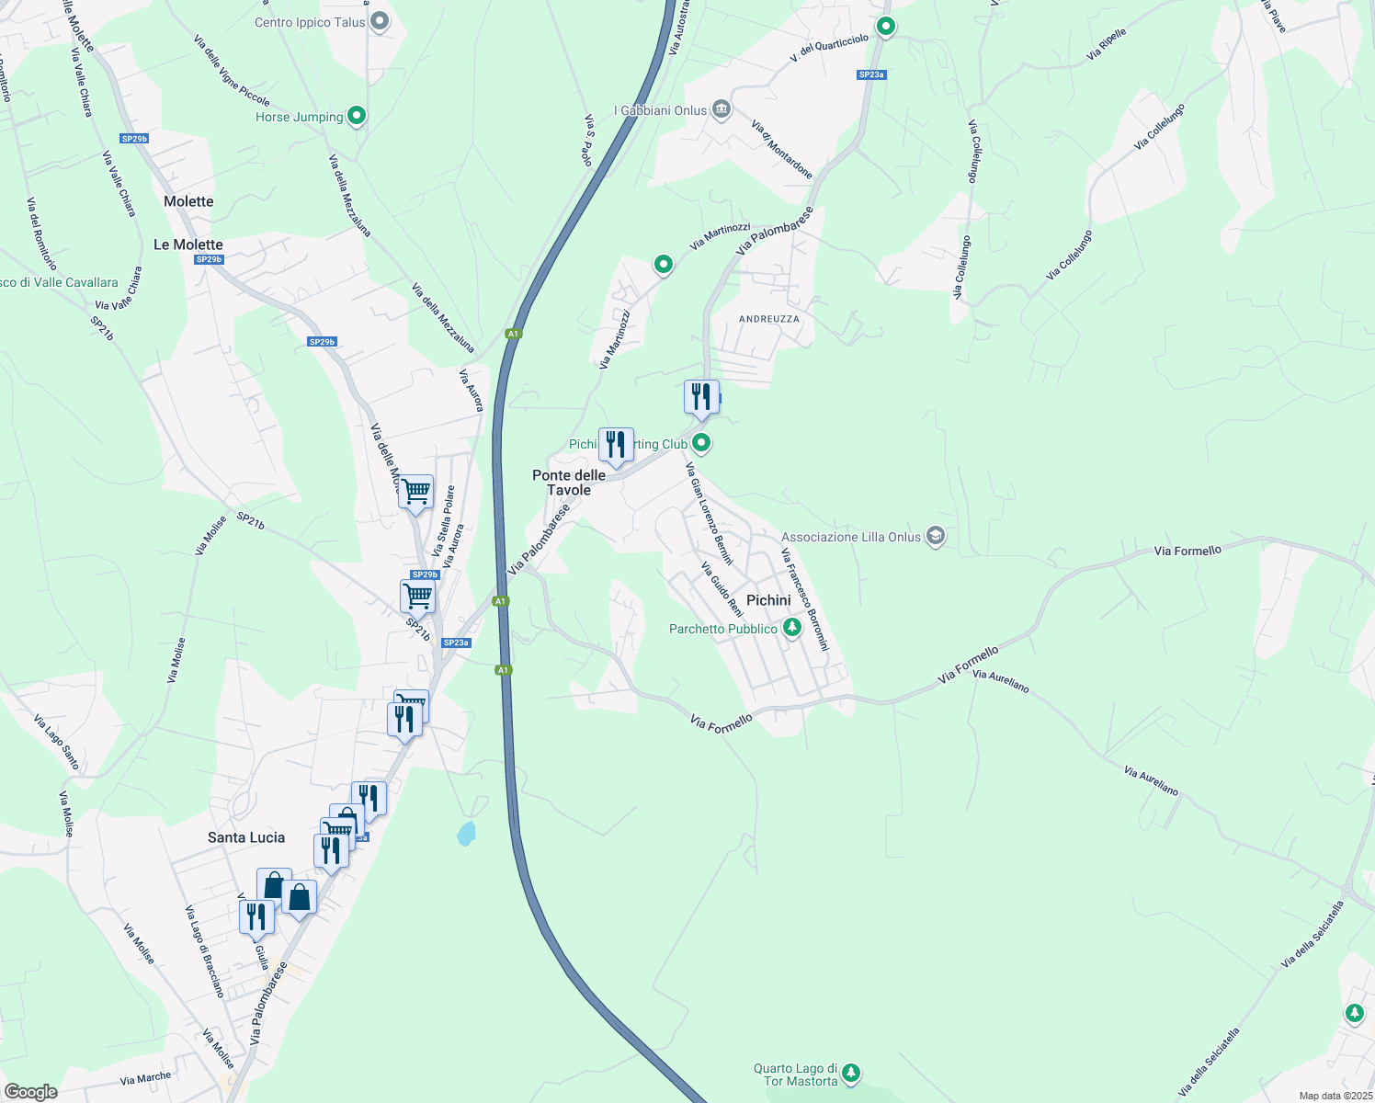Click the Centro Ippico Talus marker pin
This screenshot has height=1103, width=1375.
pos(379,22)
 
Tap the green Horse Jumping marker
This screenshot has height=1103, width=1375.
pos(358,116)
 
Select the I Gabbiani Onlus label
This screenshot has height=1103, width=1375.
pos(661,110)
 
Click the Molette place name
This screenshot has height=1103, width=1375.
pos(188,201)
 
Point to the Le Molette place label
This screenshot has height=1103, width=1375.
pos(188,244)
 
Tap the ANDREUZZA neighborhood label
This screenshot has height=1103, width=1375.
pos(769,319)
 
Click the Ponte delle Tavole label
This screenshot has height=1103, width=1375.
pos(569,483)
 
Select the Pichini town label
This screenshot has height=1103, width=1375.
pos(768,600)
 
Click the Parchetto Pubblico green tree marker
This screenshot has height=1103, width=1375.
pos(791,628)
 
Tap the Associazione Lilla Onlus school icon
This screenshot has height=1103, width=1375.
pos(936,536)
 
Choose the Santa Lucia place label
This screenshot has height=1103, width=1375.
pos(246,837)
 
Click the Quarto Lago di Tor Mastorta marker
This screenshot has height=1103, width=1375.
pos(851,1072)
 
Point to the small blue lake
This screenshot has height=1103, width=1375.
pos(467,834)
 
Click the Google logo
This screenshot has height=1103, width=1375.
pos(31,1092)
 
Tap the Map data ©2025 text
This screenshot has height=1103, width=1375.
pos(1335,1096)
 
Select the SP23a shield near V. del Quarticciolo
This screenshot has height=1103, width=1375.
pos(871,74)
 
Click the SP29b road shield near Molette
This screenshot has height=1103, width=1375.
pos(134,139)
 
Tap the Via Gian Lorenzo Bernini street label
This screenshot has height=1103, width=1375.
pos(710,514)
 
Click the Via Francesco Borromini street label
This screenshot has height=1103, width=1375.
pos(805,599)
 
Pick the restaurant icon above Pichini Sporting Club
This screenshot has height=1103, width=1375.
pos(701,397)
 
